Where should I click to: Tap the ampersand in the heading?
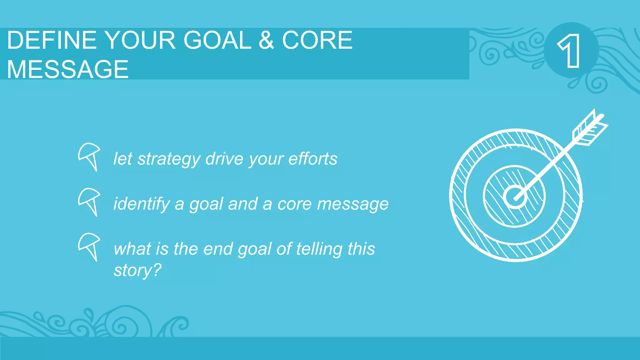(266, 40)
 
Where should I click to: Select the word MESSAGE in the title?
(67, 69)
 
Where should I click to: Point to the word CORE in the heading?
(317, 40)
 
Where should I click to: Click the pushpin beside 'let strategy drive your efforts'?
(89, 156)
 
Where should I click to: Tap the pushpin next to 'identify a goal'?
(89, 201)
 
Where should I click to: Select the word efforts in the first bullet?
(313, 159)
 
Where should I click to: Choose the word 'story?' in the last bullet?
(137, 270)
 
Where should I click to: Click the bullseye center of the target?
(515, 197)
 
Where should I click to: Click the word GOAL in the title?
(217, 40)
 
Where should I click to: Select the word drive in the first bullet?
(224, 159)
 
